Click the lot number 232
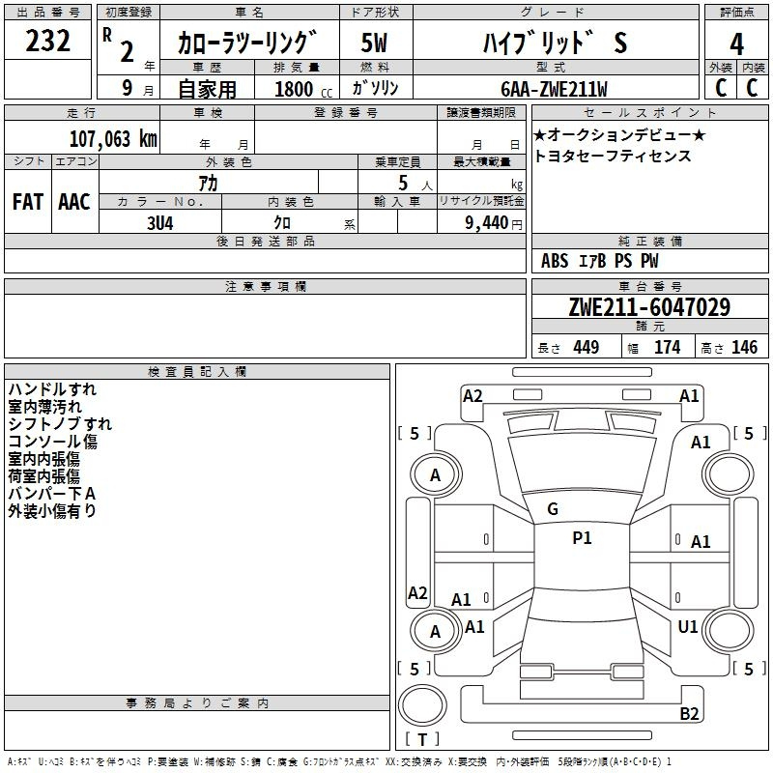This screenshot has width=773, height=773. pyautogui.click(x=47, y=40)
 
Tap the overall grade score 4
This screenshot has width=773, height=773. pyautogui.click(x=736, y=44)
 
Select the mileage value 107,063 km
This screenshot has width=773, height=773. pyautogui.click(x=113, y=138)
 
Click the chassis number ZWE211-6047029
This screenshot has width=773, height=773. pyautogui.click(x=649, y=306)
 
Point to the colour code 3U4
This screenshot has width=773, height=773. pyautogui.click(x=160, y=223)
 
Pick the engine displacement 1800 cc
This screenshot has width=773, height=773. pyautogui.click(x=303, y=89)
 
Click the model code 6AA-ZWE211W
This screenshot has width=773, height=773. pyautogui.click(x=554, y=89)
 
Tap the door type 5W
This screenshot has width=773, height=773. pyautogui.click(x=374, y=43)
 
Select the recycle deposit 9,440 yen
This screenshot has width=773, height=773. pyautogui.click(x=494, y=223)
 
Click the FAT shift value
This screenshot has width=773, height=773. pyautogui.click(x=28, y=202)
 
